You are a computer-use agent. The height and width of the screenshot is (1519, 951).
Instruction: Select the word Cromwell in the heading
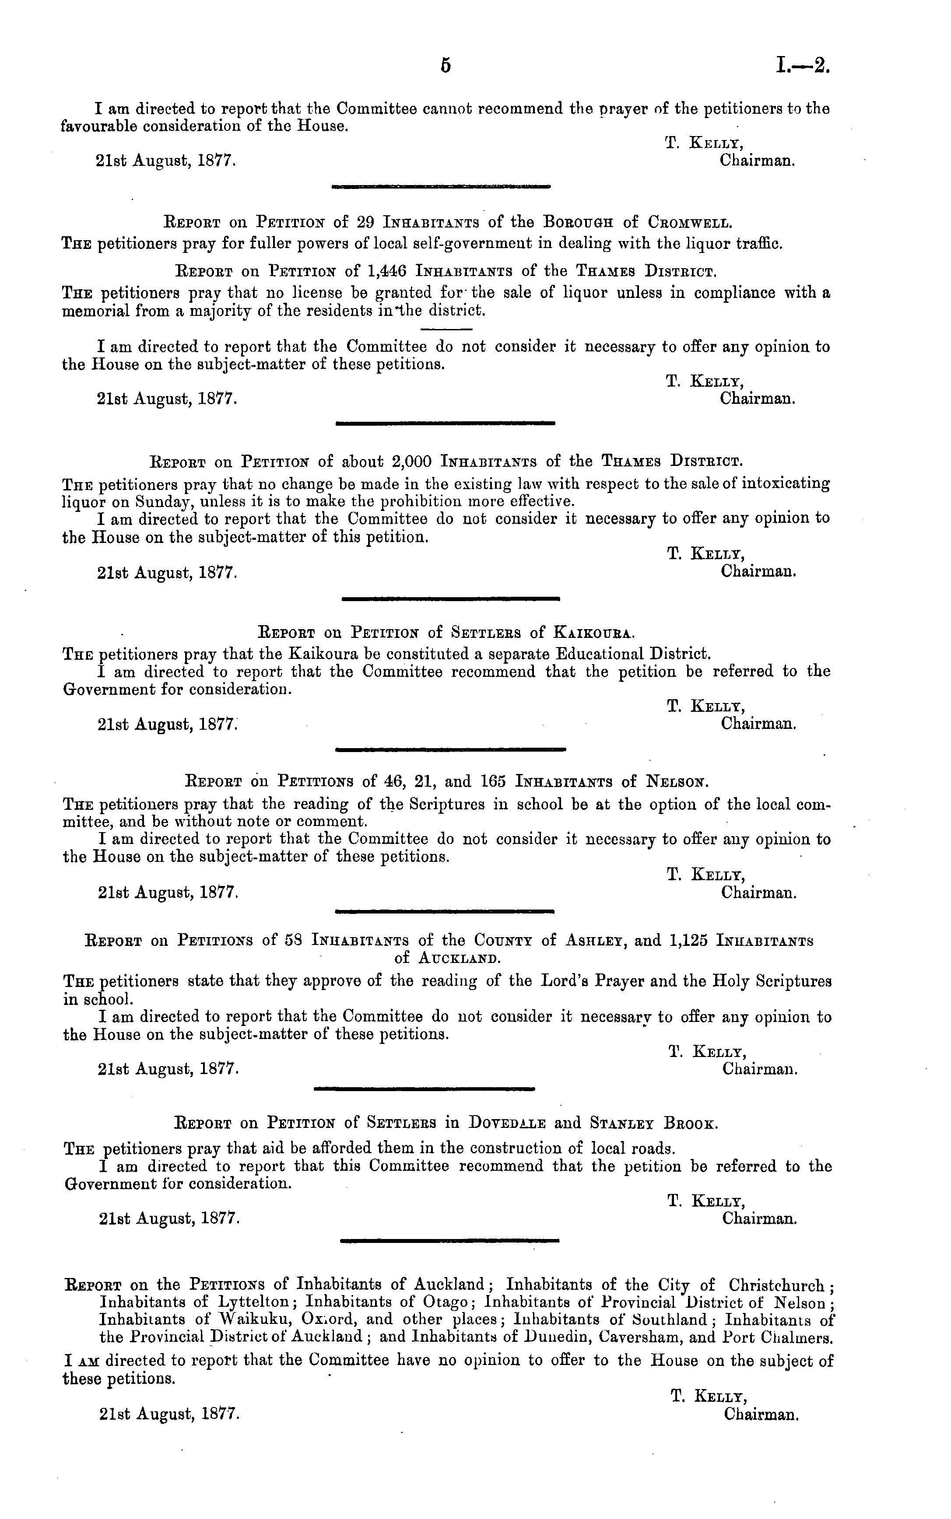pos(691,223)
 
